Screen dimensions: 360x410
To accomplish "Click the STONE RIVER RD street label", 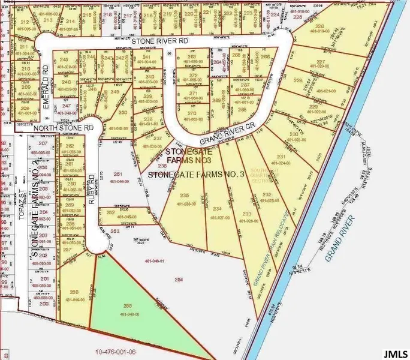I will (x=159, y=41).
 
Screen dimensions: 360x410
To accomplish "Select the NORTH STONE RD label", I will (x=64, y=128).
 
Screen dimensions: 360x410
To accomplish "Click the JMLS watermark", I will (x=395, y=351).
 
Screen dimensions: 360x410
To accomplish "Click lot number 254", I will (x=178, y=280).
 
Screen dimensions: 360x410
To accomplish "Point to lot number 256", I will (x=74, y=292).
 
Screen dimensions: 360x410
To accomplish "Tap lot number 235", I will (x=185, y=196).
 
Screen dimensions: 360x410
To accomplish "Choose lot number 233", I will (x=246, y=214).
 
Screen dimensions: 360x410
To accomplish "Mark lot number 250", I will (x=123, y=112).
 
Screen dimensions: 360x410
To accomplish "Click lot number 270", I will (x=192, y=113).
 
